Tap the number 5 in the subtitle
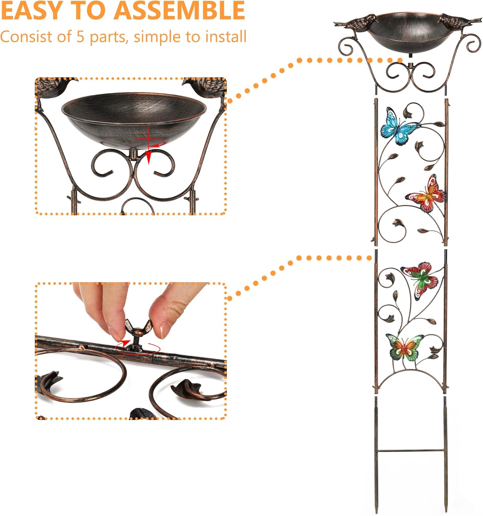pos(80,37)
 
